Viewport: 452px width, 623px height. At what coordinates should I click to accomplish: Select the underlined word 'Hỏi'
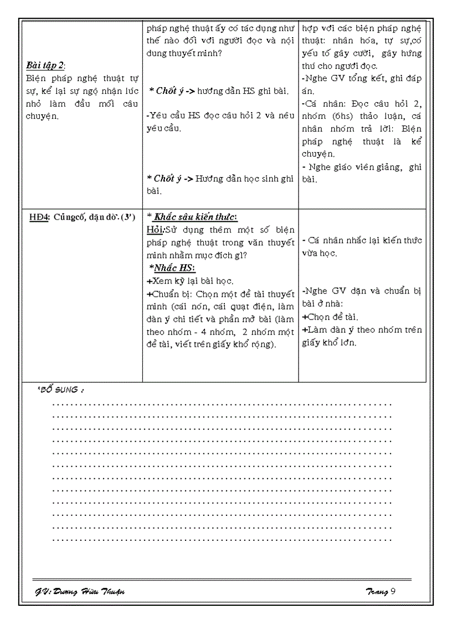155,229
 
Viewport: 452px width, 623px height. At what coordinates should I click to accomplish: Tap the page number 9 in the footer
393,591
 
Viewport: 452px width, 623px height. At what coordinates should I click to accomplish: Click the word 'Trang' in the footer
377,591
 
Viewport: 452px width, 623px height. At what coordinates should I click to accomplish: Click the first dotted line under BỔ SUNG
222,404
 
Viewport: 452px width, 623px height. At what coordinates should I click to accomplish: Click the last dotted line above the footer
222,539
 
